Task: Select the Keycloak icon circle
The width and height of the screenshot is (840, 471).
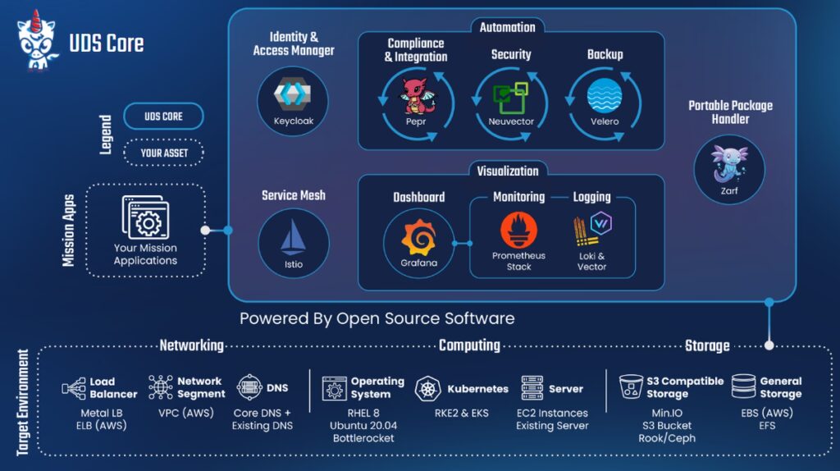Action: [293, 98]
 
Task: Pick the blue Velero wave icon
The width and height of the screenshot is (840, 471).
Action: [604, 95]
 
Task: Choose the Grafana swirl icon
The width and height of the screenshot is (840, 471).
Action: [419, 238]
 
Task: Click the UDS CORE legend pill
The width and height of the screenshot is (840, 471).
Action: [163, 117]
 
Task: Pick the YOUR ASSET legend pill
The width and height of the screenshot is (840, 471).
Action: [163, 153]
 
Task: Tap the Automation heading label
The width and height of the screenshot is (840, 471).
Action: [507, 27]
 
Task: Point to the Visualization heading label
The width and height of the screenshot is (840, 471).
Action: [508, 171]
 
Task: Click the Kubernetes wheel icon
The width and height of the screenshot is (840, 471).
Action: [428, 389]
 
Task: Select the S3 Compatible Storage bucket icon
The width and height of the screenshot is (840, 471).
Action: [631, 386]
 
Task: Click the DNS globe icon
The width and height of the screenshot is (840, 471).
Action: [249, 386]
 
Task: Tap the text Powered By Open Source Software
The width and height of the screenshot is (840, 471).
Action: [377, 318]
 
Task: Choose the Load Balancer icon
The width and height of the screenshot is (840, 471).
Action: [73, 388]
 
